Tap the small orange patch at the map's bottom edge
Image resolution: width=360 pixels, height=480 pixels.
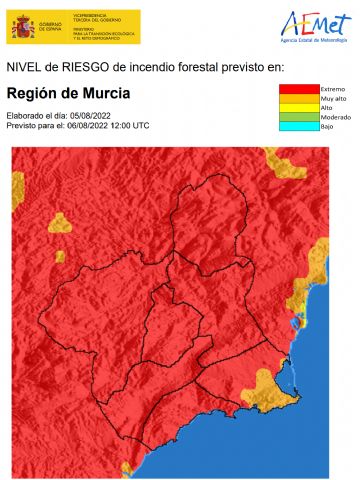pyautogui.click(x=128, y=468)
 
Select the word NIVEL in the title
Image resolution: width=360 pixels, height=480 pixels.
pyautogui.click(x=25, y=66)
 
